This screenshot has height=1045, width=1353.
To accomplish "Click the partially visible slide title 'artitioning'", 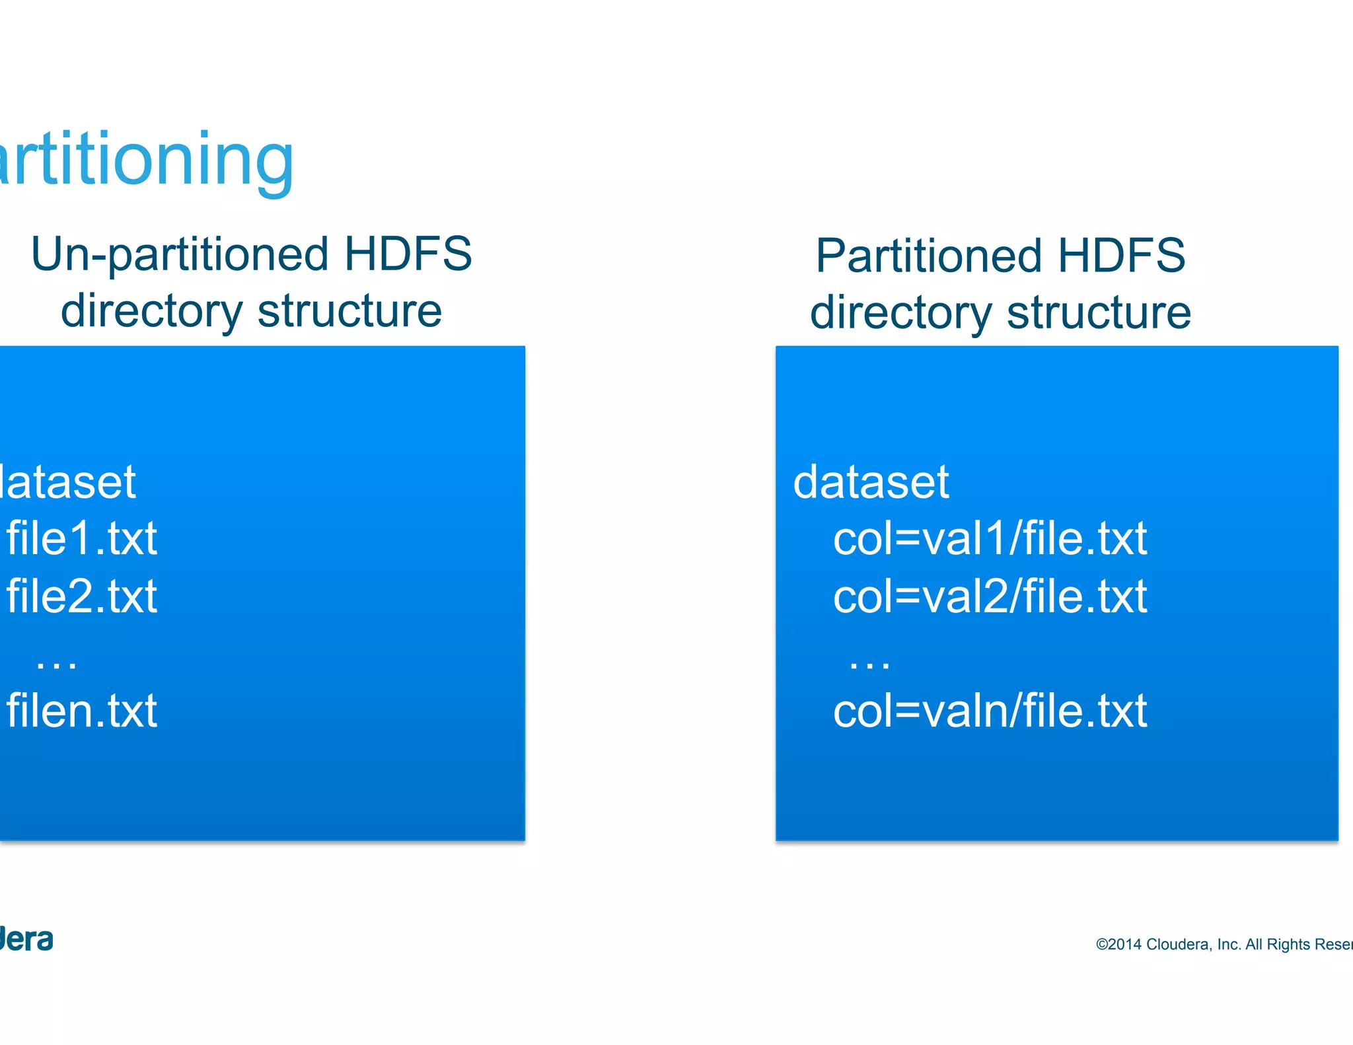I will coord(145,161).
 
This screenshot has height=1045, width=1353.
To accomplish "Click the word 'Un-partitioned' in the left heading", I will coord(179,255).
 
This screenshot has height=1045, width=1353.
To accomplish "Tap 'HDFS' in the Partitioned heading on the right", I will coord(1121,256).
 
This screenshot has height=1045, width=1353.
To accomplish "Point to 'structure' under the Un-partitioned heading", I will coord(349,310).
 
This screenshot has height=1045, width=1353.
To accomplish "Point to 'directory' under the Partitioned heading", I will coord(900,312).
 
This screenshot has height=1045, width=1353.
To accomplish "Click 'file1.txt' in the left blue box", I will coord(82,538).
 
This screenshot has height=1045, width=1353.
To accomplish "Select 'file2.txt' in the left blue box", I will coord(82,596).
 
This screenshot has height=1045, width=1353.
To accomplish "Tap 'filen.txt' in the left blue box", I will coord(82,711).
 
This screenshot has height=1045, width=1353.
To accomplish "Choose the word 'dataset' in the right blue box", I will coord(871,482).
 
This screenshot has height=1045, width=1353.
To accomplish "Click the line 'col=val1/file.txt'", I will coord(990,538).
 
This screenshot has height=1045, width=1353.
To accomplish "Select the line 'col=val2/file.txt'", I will coord(990,596).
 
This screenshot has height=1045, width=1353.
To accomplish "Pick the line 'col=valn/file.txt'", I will coord(990,711).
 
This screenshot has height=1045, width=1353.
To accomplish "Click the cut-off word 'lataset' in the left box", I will coord(67,482).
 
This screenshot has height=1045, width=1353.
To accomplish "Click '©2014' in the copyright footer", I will coord(1118,945).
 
